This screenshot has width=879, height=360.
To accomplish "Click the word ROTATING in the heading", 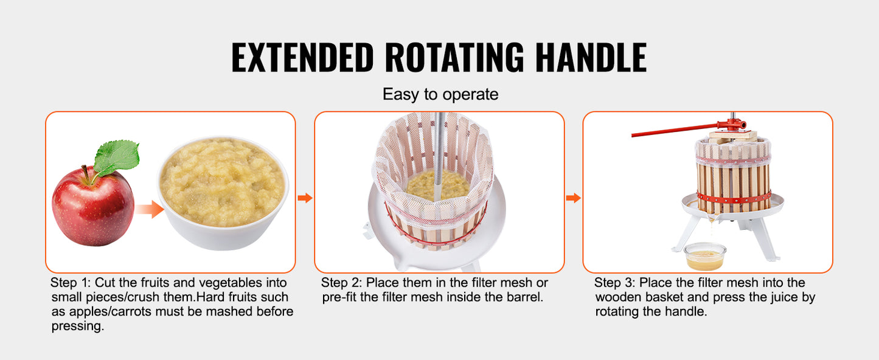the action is point(454,57).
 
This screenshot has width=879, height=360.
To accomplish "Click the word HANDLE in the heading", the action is point(591,57).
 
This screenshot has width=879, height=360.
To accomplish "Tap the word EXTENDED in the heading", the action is point(302,57).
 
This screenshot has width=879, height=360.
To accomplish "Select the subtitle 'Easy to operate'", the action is point(440,94).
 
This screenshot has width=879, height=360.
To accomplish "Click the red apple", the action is point(93,206).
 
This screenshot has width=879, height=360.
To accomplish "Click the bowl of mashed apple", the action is point(223,192).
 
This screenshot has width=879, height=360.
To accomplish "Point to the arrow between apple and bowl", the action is point(150,209).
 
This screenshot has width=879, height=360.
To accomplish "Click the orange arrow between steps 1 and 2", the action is point(305,198).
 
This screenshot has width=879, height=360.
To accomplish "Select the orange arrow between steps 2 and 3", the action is point(573,198).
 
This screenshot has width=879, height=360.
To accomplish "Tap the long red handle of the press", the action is point(676,130).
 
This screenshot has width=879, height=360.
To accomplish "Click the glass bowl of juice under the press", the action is point(705,257).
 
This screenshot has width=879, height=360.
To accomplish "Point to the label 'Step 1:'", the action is point(71,282).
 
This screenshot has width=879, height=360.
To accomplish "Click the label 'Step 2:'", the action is point(341,282).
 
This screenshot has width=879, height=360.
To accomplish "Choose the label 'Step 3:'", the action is point(614,282).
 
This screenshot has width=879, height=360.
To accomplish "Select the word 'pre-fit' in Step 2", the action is point(339,297).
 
